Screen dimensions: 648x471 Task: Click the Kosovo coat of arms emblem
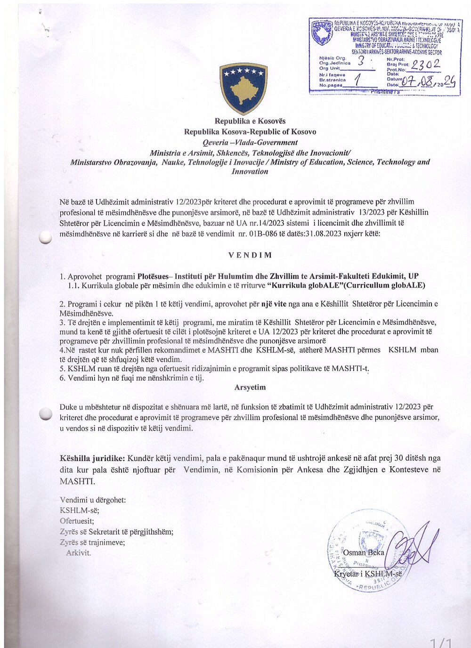click(x=243, y=88)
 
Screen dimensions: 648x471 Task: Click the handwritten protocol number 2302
click(x=426, y=65)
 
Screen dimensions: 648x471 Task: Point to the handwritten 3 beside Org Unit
click(x=361, y=61)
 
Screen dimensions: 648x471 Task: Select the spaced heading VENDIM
click(x=250, y=255)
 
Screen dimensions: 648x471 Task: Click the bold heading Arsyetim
click(x=250, y=387)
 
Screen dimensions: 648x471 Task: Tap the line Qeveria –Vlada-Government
click(x=250, y=142)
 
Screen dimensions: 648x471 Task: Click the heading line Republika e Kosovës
click(x=250, y=121)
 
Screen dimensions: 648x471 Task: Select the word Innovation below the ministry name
click(x=250, y=171)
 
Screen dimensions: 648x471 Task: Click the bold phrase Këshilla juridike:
click(x=92, y=458)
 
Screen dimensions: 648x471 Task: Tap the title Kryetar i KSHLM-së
click(x=368, y=574)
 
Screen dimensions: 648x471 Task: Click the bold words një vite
click(x=274, y=304)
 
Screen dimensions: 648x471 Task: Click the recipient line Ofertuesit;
click(x=77, y=521)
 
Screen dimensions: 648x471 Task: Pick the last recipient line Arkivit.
click(x=78, y=553)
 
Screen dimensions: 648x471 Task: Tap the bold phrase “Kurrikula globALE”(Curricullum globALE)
click(x=346, y=285)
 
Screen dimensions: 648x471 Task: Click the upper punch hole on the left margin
click(x=45, y=238)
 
